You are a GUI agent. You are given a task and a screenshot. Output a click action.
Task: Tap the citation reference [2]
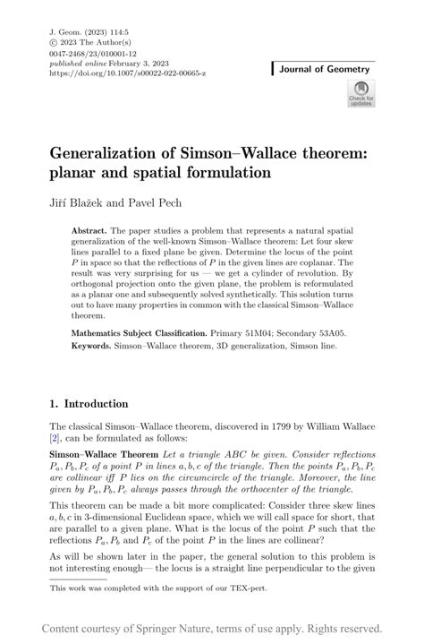coord(55,441)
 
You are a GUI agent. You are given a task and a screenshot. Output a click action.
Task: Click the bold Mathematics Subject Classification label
coord(156,332)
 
